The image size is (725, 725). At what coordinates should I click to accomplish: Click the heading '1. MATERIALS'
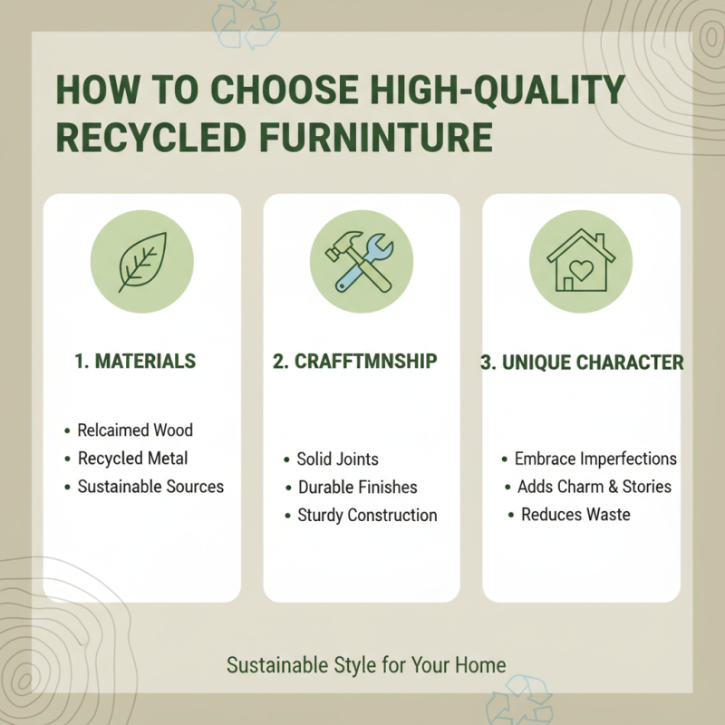coord(134,362)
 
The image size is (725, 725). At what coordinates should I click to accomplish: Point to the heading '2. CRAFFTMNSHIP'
coord(355,362)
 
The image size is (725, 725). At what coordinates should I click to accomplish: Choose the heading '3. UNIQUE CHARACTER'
coord(581,362)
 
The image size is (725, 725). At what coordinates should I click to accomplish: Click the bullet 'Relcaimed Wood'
coord(135,430)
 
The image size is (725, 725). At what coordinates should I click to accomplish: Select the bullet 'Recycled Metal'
coord(132,458)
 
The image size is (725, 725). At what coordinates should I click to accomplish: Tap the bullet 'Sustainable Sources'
coord(150,487)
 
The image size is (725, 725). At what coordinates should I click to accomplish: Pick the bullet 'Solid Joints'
coord(337,459)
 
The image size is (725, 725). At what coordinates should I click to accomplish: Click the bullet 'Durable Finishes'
coord(357,487)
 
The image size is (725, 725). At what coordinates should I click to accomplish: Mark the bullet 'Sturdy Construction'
coord(367,515)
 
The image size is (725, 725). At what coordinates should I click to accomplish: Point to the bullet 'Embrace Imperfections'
coord(595,459)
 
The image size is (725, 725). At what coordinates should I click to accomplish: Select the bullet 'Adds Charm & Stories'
coord(594,487)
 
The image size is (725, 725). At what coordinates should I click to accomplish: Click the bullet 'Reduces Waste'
coord(575,515)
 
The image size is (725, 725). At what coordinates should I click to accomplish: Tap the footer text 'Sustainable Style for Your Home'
coord(366,665)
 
